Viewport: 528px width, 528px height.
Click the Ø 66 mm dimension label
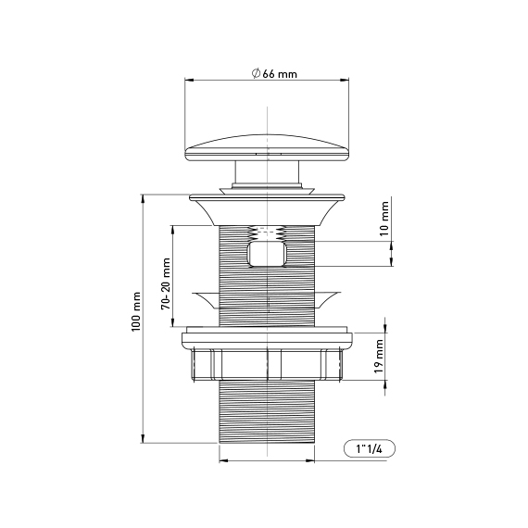274,73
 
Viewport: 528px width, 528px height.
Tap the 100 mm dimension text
135,311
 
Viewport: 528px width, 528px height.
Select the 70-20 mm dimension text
166,283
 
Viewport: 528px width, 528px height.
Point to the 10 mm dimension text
383,219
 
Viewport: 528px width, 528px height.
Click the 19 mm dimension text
379,356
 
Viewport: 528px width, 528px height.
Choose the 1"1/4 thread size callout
370,449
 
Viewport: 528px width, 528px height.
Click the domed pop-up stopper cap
267,148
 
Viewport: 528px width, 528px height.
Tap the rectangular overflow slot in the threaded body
267,254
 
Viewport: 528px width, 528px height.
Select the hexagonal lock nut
267,365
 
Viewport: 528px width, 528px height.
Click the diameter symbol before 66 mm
256,73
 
